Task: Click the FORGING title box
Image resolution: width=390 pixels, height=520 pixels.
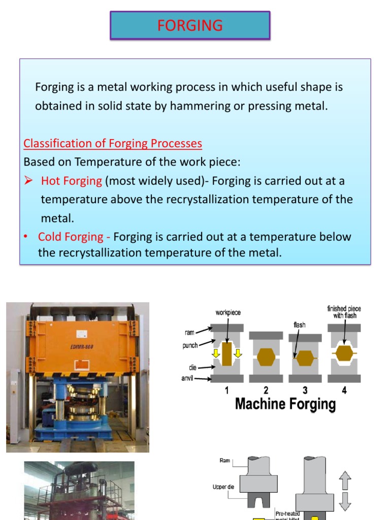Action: click(x=190, y=25)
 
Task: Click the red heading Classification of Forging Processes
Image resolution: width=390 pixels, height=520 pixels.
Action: click(x=113, y=144)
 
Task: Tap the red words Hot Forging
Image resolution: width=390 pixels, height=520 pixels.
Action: click(x=72, y=181)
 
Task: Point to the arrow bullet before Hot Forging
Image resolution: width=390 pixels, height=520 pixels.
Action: click(x=29, y=181)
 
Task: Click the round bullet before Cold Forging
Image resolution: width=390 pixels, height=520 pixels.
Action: click(x=26, y=237)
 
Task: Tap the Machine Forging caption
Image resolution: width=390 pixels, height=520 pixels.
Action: click(x=285, y=404)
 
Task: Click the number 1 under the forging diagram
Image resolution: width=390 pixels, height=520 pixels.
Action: click(x=226, y=391)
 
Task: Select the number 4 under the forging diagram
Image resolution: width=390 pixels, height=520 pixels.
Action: click(x=344, y=391)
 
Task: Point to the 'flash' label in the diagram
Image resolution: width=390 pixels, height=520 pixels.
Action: click(x=299, y=324)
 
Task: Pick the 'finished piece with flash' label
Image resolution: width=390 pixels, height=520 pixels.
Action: click(x=344, y=312)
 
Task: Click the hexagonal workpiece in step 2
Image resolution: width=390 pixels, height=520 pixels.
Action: click(x=266, y=357)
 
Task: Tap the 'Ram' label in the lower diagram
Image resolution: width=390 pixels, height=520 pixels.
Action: click(x=225, y=461)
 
